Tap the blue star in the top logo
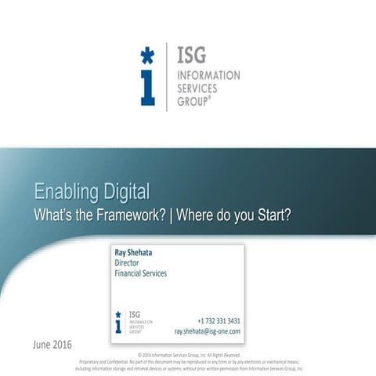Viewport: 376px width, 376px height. point(147,56)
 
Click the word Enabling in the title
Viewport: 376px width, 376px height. point(65,192)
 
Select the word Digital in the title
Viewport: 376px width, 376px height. point(125,192)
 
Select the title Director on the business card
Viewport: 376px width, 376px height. point(127,263)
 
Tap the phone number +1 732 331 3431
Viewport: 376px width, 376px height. point(219,321)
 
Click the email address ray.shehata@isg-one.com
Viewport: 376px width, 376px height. point(207,331)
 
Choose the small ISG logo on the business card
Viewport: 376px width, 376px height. point(133,322)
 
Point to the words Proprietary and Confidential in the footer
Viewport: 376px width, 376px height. point(103,361)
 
